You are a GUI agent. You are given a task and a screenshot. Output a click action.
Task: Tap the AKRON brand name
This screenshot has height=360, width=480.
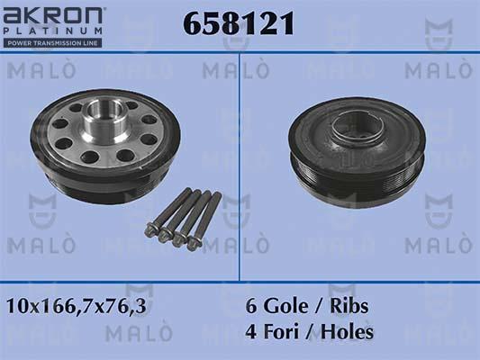point(54,16)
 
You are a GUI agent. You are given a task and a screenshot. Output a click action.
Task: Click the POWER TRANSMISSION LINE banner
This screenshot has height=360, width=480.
point(52,42)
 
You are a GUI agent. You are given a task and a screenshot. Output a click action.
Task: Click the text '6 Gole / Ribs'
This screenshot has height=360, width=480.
point(307,306)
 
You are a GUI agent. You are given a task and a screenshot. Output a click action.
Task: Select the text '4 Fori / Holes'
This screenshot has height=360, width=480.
point(310,331)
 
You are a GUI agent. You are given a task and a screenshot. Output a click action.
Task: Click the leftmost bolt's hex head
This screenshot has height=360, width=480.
point(149,230)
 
